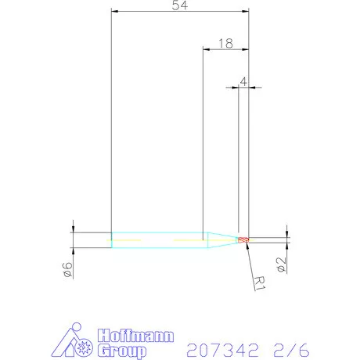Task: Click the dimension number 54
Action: pos(180,5)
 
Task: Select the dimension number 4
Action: pos(244,81)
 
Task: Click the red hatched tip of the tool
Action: pos(243,239)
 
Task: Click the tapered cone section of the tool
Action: pos(221,239)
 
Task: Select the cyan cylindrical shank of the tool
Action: pos(157,239)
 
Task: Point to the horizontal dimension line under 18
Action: pos(225,50)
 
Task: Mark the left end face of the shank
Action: pos(112,239)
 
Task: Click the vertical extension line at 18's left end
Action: pos(203,141)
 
